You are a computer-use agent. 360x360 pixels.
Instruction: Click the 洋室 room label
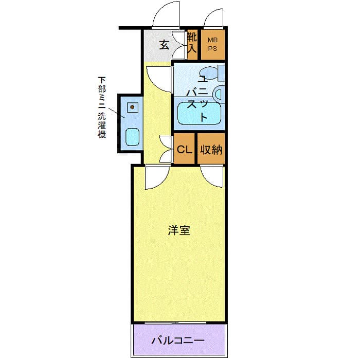pos(179,231)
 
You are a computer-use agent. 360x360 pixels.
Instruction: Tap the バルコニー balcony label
pos(177,340)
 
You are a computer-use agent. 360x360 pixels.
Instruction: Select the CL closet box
pos(184,149)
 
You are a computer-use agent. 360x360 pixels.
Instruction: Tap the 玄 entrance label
pos(164,44)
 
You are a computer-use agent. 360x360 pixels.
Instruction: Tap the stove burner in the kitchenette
pos(133,107)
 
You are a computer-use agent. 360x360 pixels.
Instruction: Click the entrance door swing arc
pos(166,14)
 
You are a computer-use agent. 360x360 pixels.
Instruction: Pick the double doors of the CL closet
pos(166,149)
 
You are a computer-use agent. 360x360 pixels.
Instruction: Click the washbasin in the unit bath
pos(218,94)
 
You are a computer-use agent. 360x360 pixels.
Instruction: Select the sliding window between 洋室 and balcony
pos(177,323)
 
